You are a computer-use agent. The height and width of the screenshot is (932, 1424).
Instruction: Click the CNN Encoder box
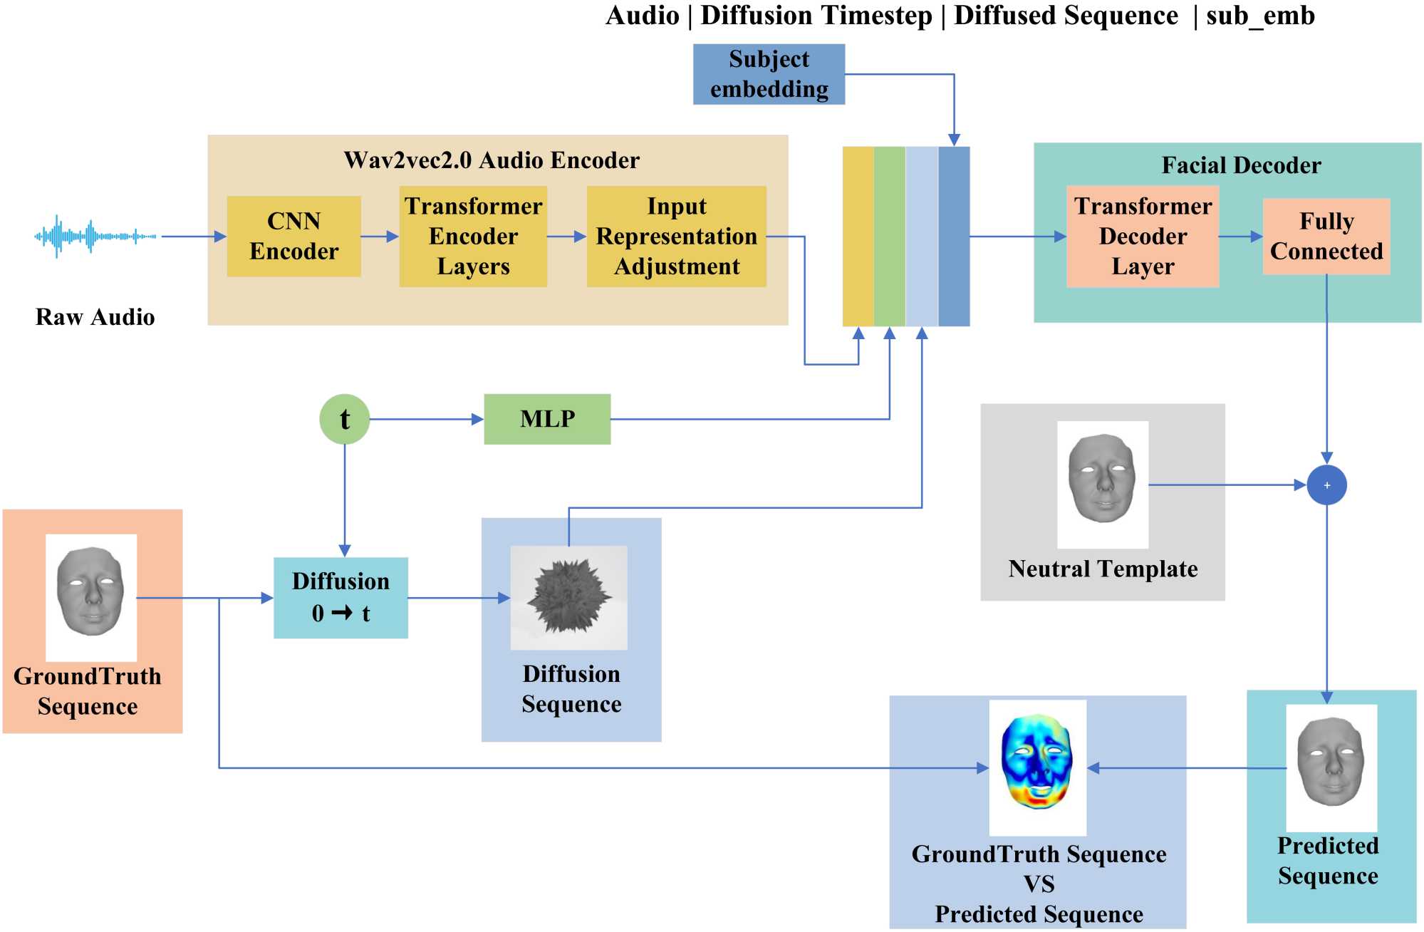pos(293,237)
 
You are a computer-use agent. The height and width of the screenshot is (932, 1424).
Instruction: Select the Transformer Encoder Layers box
pos(473,237)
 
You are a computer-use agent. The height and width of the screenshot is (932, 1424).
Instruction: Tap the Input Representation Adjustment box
pos(676,237)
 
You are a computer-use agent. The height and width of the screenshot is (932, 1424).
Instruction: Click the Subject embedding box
pos(769,74)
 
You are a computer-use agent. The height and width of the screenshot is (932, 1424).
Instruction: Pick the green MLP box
pos(547,419)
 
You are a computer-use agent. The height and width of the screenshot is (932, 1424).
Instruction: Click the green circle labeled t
pos(345,419)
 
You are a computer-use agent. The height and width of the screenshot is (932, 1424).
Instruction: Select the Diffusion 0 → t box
pos(341,598)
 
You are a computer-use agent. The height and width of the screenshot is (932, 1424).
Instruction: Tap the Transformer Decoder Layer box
pos(1143,237)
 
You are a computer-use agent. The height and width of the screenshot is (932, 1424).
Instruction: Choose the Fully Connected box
pos(1326,237)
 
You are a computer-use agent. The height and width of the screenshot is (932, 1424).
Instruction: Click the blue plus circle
pos(1326,485)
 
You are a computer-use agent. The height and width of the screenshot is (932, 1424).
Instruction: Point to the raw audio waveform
pos(95,236)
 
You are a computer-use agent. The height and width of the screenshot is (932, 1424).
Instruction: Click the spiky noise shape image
pos(568,597)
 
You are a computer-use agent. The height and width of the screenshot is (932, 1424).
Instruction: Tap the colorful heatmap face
pos(1037,762)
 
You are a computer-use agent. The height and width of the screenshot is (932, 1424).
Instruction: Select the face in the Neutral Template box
pos(1102,479)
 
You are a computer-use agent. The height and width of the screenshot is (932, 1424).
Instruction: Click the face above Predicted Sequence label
pos(1331,762)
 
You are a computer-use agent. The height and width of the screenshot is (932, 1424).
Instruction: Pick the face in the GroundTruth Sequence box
pos(90,591)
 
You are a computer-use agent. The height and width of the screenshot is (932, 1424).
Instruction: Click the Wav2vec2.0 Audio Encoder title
pos(492,160)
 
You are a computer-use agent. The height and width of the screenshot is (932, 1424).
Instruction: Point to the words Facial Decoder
pos(1241,165)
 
